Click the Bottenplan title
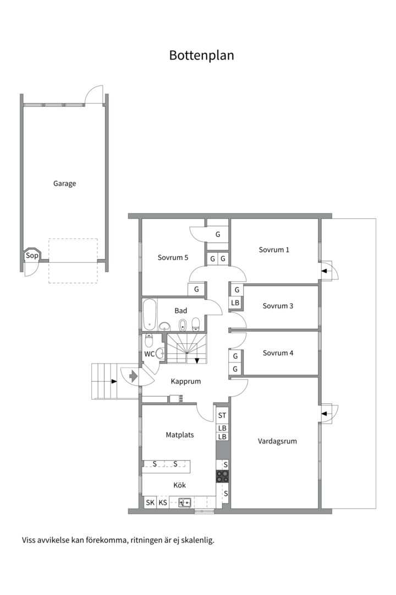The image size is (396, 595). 201,56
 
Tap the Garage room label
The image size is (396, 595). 64,183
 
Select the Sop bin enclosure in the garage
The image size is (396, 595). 32,256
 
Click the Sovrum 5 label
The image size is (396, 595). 173,257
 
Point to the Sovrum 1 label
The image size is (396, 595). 274,250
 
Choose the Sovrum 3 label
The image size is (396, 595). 278,306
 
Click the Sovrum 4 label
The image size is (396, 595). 278,353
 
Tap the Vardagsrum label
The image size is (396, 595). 277,441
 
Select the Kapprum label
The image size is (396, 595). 186,381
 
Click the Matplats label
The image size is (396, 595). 180,435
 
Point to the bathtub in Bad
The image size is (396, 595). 149,315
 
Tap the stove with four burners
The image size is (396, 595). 222,477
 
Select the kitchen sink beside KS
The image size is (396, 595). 185,502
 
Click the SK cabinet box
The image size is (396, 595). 150,502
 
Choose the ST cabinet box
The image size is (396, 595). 222,415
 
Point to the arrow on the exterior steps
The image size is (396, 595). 114,381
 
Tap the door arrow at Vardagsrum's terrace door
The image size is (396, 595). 324,414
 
